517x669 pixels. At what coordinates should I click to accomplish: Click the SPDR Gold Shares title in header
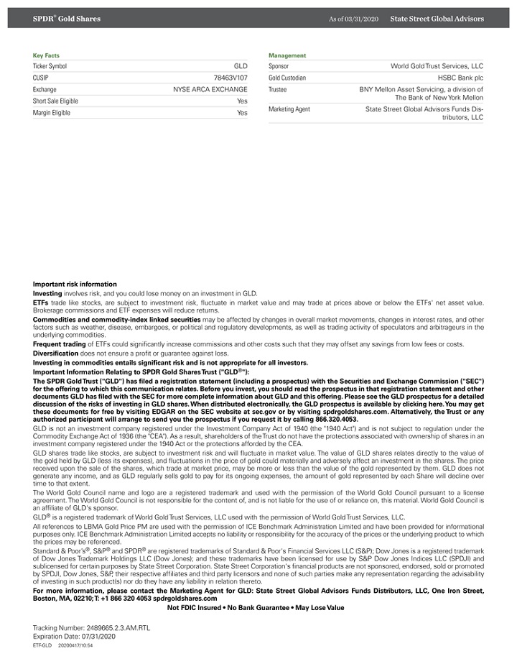pyautogui.click(x=67, y=19)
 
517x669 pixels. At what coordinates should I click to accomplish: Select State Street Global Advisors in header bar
pyautogui.click(x=437, y=19)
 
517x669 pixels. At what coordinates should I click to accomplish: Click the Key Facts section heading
pyautogui.click(x=47, y=55)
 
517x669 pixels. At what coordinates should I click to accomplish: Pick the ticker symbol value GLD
pyautogui.click(x=241, y=66)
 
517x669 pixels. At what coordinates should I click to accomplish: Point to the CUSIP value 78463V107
pyautogui.click(x=230, y=78)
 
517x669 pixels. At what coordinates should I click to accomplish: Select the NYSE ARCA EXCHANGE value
pyautogui.click(x=210, y=90)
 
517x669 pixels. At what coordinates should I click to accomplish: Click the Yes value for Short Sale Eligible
pyautogui.click(x=242, y=101)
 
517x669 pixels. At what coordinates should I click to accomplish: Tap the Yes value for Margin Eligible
pyautogui.click(x=242, y=113)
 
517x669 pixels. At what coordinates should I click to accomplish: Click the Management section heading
pyautogui.click(x=287, y=55)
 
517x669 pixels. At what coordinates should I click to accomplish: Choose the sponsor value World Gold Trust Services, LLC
pyautogui.click(x=437, y=66)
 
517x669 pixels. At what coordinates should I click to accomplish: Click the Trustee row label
pyautogui.click(x=277, y=90)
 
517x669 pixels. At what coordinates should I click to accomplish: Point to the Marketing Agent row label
pyautogui.click(x=289, y=109)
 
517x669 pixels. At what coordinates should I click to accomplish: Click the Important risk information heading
pyautogui.click(x=75, y=285)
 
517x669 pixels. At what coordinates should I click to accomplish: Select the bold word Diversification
pyautogui.click(x=56, y=354)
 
